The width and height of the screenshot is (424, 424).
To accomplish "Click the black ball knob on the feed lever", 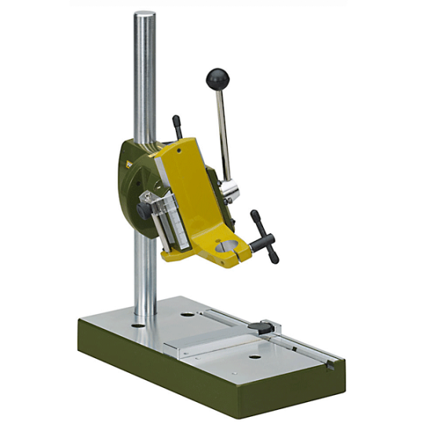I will click(217, 78).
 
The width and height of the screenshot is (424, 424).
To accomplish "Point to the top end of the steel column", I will click(144, 16).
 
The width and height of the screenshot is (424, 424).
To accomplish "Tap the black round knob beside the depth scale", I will click(145, 210).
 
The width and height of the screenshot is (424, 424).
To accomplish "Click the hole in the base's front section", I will click(254, 357).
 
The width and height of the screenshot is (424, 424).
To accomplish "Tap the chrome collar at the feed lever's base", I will click(228, 188).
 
